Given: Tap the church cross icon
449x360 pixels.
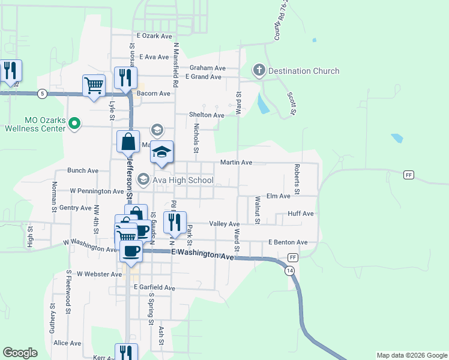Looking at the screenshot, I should pyautogui.click(x=259, y=71).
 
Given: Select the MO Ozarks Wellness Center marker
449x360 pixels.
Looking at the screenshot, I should pyautogui.click(x=74, y=124).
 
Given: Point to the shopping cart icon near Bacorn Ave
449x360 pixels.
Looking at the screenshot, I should pyautogui.click(x=94, y=85).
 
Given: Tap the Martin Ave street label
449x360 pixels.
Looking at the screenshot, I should pyautogui.click(x=236, y=163).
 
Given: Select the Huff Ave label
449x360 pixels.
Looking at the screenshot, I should pyautogui.click(x=301, y=213).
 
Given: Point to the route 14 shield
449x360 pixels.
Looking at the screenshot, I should pyautogui.click(x=290, y=271).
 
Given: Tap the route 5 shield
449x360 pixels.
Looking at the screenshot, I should pyautogui.click(x=41, y=94).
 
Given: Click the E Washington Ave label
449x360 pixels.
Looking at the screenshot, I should pyautogui.click(x=202, y=255).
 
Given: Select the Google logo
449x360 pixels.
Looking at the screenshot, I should pyautogui.click(x=20, y=353).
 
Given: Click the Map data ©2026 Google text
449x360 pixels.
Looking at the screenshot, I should pyautogui.click(x=412, y=355).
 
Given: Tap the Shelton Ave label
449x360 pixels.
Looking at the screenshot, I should pyautogui.click(x=206, y=115).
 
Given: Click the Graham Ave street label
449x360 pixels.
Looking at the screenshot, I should pyautogui.click(x=207, y=68).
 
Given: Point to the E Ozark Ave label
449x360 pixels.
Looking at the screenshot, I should pyautogui.click(x=154, y=36).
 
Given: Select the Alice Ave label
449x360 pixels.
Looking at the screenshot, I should pyautogui.click(x=67, y=343).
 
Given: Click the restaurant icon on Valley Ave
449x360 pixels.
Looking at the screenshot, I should pyautogui.click(x=175, y=222).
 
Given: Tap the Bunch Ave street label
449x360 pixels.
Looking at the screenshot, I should pyautogui.click(x=83, y=170).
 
